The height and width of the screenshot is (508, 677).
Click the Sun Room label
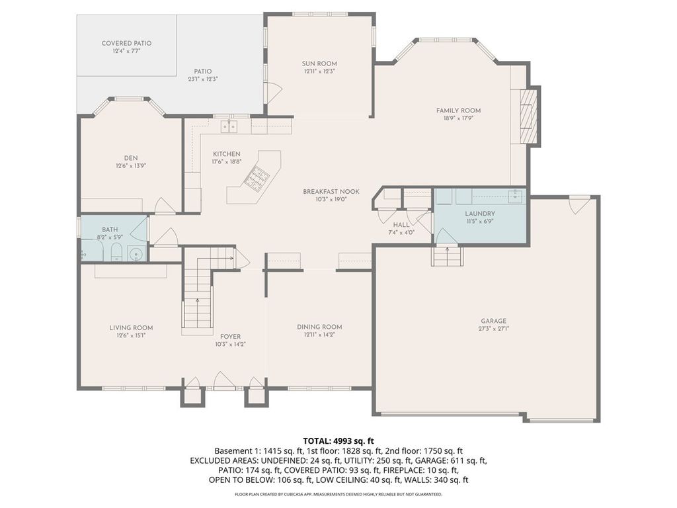(x=319, y=63)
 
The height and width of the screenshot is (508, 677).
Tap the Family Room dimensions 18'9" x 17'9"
(x=458, y=118)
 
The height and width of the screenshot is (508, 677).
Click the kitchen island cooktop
(x=257, y=177)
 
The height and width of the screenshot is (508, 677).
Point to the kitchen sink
(x=229, y=126)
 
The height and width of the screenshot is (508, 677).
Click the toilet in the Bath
(x=116, y=252)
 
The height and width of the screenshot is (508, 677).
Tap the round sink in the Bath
(x=136, y=255)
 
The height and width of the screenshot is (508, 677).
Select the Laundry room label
(x=480, y=214)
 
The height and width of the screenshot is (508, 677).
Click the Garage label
(x=493, y=321)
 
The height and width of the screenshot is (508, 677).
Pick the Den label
(x=131, y=158)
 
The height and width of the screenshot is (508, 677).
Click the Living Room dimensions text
(x=131, y=335)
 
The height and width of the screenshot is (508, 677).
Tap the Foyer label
(x=231, y=337)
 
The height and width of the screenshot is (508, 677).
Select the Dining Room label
(x=319, y=327)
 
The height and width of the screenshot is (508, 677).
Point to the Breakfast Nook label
(x=331, y=192)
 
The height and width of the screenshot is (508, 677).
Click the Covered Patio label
(x=126, y=43)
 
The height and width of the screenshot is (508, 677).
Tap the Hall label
(x=401, y=225)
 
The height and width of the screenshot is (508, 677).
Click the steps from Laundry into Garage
(x=447, y=256)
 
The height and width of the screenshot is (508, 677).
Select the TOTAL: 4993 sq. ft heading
(x=338, y=441)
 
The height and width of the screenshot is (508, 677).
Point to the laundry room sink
(x=514, y=196)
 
